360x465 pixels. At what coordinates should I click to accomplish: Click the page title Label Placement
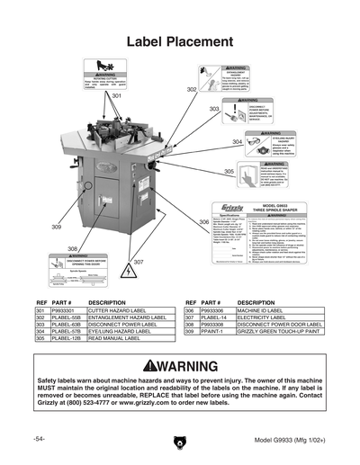coord(179,42)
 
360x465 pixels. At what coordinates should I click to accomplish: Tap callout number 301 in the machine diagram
coord(116,95)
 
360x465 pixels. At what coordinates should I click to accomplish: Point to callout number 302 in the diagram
coord(192,90)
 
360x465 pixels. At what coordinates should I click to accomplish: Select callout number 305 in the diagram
coord(229,171)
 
